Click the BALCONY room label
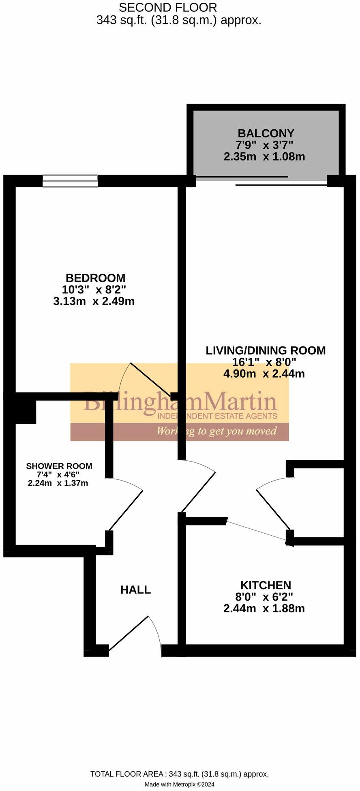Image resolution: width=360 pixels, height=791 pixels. (x=266, y=133)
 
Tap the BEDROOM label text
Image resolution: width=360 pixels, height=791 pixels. (x=96, y=278)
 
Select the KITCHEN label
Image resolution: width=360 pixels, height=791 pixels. (x=266, y=585)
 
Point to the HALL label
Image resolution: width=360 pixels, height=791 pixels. (x=135, y=590)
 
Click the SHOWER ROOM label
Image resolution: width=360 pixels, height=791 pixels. (x=59, y=466)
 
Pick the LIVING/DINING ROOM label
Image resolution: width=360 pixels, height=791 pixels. (x=266, y=351)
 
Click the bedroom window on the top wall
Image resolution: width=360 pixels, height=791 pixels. (x=71, y=181)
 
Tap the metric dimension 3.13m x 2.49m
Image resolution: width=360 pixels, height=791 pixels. (x=94, y=301)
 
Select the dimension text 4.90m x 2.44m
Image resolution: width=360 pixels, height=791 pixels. (x=264, y=374)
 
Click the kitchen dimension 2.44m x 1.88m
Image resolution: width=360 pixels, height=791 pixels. (x=264, y=609)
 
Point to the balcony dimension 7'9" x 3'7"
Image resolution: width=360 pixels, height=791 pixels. (x=264, y=145)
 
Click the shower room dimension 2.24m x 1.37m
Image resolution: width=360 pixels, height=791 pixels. (x=58, y=483)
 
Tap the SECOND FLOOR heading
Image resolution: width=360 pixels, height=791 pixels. (x=168, y=7)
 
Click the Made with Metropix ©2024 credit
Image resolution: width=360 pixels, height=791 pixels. (x=180, y=785)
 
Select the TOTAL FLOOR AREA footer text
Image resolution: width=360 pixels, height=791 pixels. (x=180, y=774)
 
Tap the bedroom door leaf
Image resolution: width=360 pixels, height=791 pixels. (x=151, y=379)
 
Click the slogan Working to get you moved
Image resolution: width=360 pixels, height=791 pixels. (x=216, y=431)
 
